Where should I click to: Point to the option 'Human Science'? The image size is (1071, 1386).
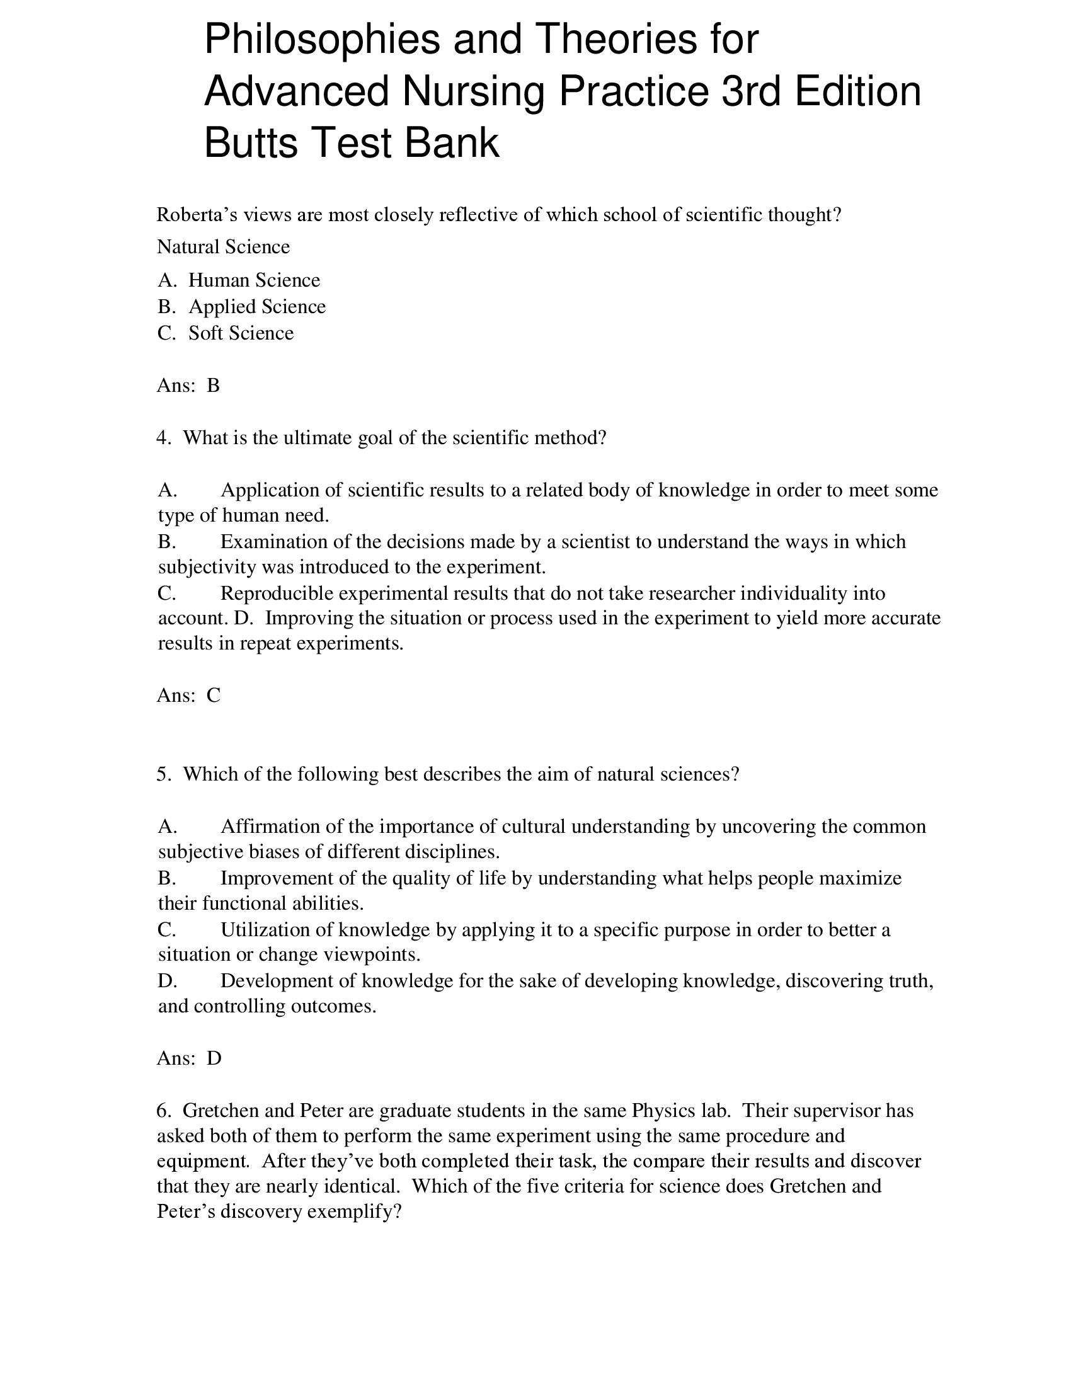coord(254,280)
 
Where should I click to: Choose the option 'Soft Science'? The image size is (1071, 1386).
coord(241,333)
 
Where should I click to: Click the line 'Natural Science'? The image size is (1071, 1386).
coord(224,247)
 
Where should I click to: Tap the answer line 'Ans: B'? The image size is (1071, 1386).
coord(188,385)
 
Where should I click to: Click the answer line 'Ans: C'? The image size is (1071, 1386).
coord(188,696)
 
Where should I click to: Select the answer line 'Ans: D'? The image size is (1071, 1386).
coord(188,1058)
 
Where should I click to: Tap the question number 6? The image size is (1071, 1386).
coord(163,1111)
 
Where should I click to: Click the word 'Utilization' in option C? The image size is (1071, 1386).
coord(266,930)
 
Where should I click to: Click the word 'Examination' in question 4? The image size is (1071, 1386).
coord(273,541)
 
